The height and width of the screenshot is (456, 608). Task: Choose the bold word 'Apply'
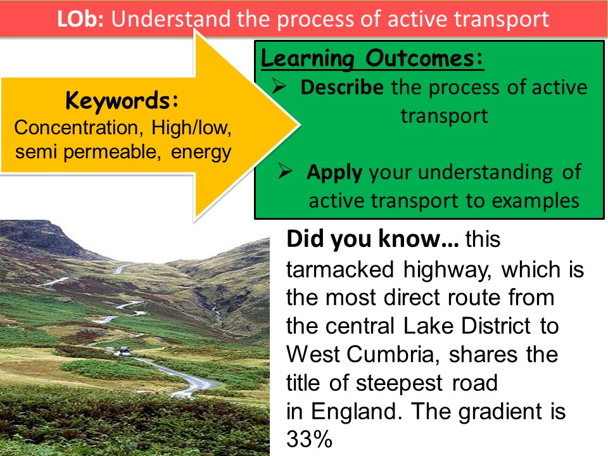334,172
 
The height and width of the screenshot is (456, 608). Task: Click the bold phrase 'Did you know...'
373,239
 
